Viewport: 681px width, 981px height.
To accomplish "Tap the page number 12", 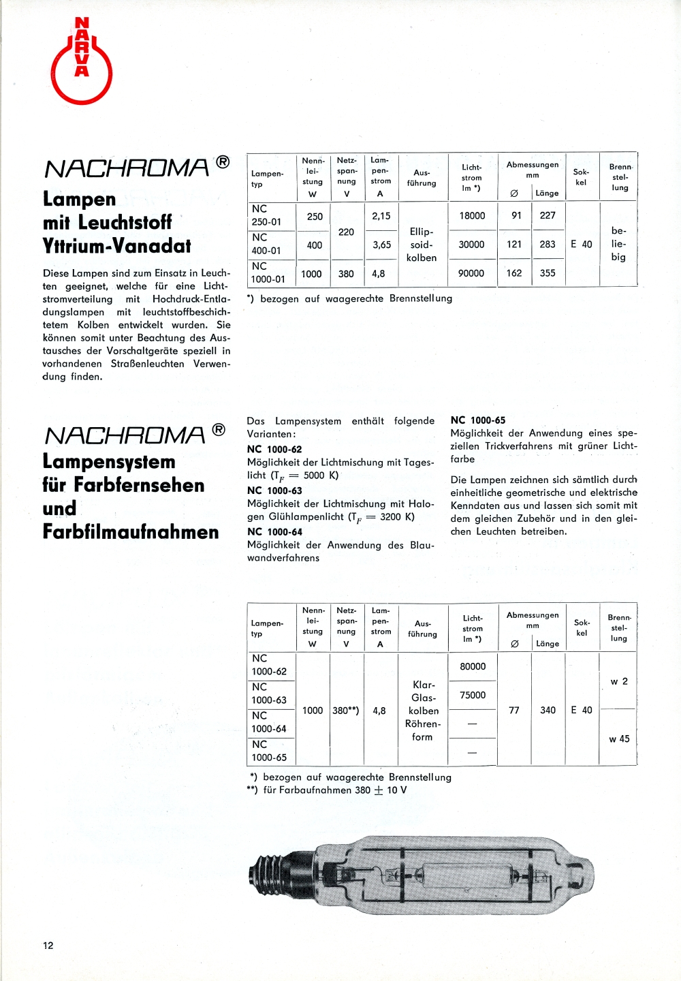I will (48, 945).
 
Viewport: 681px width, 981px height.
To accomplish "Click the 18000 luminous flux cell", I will (472, 216).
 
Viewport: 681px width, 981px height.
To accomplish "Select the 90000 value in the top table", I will (471, 273).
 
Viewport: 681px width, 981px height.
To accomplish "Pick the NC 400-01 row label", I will (266, 244).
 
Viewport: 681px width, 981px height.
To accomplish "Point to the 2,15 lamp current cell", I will (381, 216).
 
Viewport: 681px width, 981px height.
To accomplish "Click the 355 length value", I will (548, 273).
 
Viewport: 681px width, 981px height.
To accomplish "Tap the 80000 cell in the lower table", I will (473, 666).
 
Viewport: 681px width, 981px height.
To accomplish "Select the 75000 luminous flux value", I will (473, 695).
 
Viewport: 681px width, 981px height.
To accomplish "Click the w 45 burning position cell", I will (619, 738).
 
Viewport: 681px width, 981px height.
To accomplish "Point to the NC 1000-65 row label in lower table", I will (269, 751).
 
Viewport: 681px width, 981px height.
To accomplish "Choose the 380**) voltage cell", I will (346, 711).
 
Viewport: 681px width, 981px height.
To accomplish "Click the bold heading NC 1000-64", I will (274, 531).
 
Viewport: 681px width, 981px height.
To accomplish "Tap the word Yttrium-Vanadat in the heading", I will (117, 246).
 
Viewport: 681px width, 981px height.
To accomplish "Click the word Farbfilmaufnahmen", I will (131, 531).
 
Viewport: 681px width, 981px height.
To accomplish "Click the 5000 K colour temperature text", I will (321, 475).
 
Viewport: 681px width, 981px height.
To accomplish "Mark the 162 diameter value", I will (514, 273).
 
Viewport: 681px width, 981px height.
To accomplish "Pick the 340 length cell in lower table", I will (548, 710).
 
